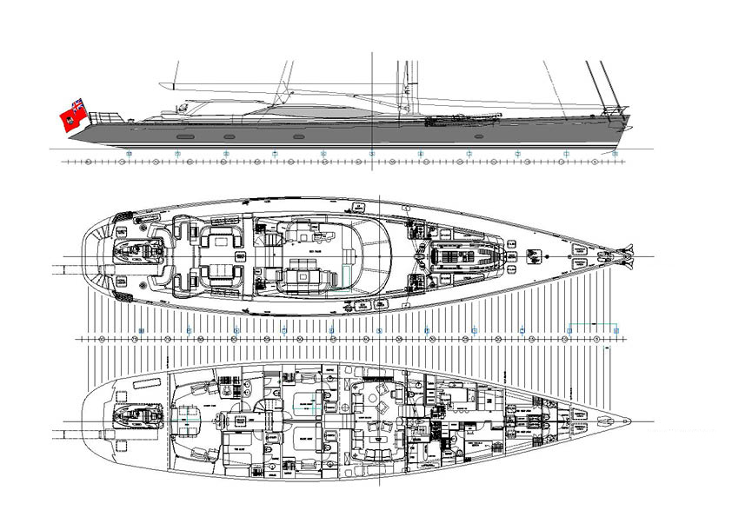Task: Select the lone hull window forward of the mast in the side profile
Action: (x=476, y=137)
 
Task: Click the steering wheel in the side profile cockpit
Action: (x=183, y=108)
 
